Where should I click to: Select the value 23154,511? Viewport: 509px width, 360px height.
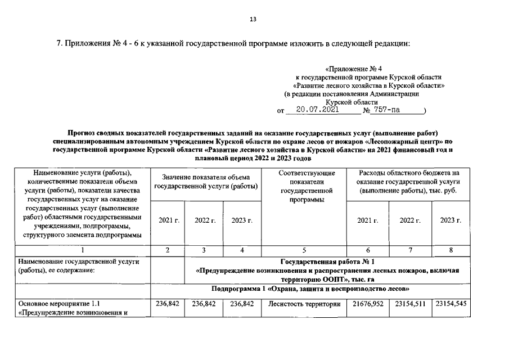pos(410,304)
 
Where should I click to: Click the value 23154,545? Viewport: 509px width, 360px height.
pos(450,304)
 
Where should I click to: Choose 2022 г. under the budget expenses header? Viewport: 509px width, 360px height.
pos(410,220)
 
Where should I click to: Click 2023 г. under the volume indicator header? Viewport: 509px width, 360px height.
pos(242,220)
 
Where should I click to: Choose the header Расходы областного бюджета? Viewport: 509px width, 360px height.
pos(409,173)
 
